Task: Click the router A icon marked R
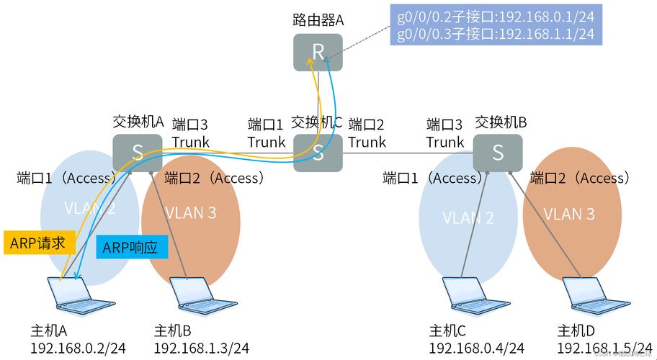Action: coord(318,51)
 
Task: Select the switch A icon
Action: coord(137,152)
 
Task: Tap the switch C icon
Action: coord(318,152)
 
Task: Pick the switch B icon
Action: coord(498,152)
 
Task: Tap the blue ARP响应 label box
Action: coord(131,248)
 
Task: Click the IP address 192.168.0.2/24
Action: coord(78,348)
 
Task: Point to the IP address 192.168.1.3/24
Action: coord(201,348)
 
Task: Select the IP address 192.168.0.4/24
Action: coord(476,348)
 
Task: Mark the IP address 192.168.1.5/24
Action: coord(604,348)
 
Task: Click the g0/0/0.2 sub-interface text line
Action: coord(496,16)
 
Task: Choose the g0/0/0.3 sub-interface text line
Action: coord(496,33)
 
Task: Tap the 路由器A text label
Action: coord(318,20)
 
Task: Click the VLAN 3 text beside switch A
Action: coord(191,213)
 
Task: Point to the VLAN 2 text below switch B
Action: coord(469,217)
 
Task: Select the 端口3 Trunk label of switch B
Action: coord(445,133)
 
